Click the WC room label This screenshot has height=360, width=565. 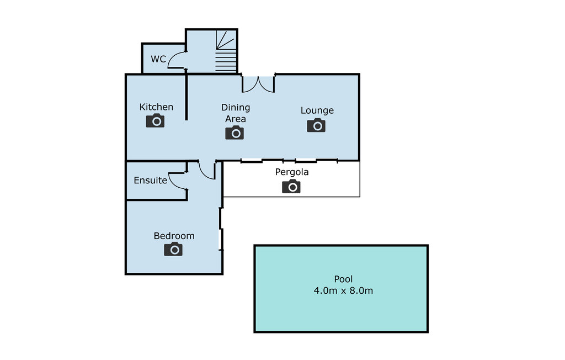tap(158, 59)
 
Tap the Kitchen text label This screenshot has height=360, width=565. tap(156, 107)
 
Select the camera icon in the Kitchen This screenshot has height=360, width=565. tap(156, 120)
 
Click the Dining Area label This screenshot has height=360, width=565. tap(236, 113)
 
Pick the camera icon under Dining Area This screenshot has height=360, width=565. tap(234, 133)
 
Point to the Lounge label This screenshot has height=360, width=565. tap(317, 110)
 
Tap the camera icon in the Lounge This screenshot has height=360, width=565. tap(316, 125)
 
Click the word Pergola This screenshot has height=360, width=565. tap(292, 172)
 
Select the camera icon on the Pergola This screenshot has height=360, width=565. tap(291, 187)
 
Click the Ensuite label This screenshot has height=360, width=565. tap(150, 180)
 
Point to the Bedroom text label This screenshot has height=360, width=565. tap(174, 236)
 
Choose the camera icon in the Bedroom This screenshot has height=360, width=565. tap(173, 249)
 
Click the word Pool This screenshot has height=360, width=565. tap(343, 279)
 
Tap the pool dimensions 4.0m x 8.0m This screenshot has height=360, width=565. tap(343, 290)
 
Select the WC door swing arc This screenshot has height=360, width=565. tap(175, 60)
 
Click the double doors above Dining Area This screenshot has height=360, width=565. tap(258, 83)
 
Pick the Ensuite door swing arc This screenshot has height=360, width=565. tap(177, 180)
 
